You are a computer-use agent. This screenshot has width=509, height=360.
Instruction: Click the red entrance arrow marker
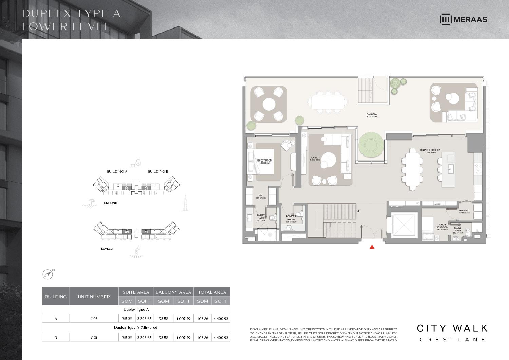coord(372,247)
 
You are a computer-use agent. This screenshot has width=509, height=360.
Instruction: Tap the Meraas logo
coord(463,19)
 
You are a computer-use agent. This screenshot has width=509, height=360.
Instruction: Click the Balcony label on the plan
coord(372,115)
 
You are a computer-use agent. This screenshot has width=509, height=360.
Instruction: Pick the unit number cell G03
coord(94,319)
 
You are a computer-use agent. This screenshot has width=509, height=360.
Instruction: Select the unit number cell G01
coord(94,338)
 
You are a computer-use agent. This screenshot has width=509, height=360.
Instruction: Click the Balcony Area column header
coord(173,292)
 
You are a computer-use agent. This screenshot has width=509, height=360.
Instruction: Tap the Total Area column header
coord(212,292)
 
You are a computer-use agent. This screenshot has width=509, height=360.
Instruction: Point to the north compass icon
coord(48,274)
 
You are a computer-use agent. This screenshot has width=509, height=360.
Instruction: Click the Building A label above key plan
coord(117,171)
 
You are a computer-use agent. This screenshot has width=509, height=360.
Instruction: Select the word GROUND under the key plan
coord(110,203)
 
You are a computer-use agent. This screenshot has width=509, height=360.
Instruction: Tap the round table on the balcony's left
coord(269,104)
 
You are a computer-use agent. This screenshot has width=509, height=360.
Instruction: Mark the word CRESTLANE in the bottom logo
coord(452,339)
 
